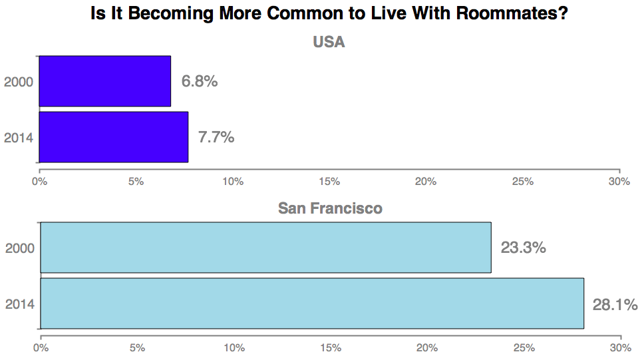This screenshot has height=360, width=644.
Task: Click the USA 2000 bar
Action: point(105,81)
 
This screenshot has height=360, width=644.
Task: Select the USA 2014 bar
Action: point(114,137)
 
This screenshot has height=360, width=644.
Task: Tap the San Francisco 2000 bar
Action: point(265,248)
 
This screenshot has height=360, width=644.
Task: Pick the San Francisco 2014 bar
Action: point(312,303)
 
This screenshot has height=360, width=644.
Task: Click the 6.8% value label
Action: point(200,82)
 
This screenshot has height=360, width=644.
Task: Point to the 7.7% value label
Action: point(216,138)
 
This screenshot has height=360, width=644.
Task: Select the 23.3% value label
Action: point(523,248)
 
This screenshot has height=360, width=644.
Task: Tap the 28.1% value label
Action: point(615,304)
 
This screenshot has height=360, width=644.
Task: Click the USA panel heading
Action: point(329,43)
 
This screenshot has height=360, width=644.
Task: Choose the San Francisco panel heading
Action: point(330,208)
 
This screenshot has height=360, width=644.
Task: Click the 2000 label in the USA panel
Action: point(19,83)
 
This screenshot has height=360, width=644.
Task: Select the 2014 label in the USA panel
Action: point(19,138)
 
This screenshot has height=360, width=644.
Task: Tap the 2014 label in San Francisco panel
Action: point(20,305)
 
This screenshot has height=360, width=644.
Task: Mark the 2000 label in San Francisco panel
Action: point(20,249)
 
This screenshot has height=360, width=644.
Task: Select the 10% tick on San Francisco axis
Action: point(234,348)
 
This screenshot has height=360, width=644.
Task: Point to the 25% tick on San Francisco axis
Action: point(524,348)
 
